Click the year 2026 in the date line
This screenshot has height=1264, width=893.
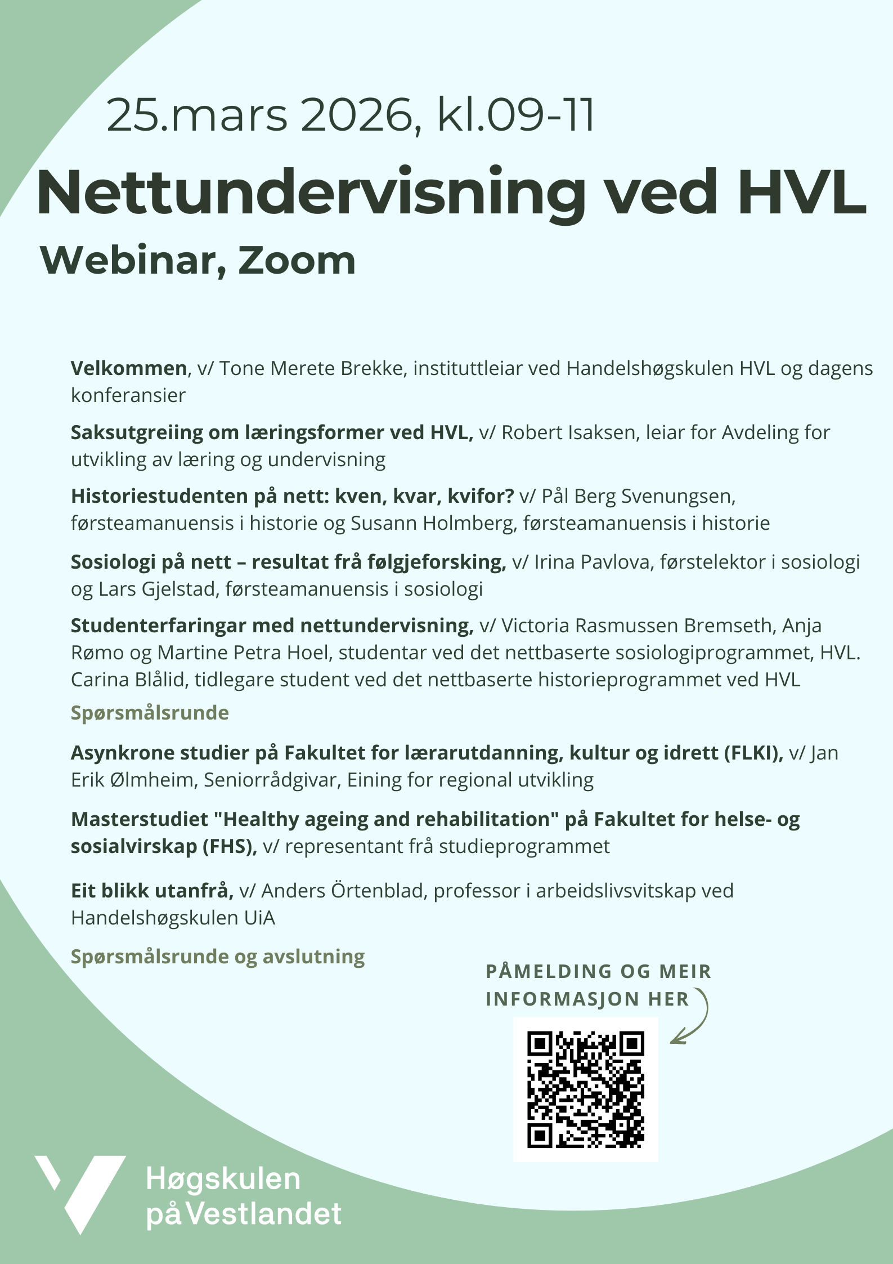[357, 115]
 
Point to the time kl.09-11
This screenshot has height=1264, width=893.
[515, 115]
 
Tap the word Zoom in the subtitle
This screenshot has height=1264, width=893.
[297, 261]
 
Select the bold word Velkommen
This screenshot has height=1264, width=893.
[129, 368]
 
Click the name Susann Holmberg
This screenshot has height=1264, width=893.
[432, 523]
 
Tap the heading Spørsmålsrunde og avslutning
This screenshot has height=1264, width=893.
[218, 956]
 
